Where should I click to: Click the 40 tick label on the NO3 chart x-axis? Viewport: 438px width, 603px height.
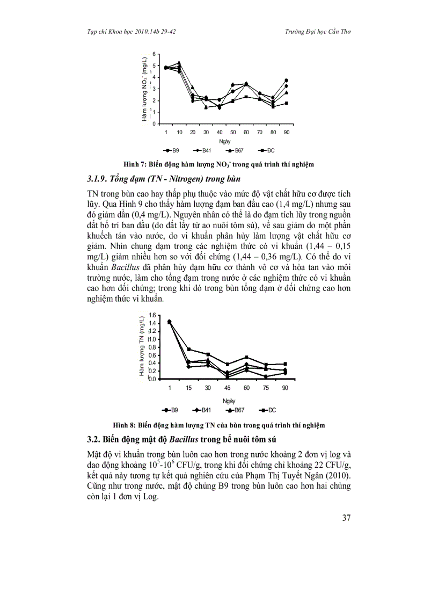pos(220,132)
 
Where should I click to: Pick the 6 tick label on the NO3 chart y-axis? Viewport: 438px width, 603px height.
pos(154,54)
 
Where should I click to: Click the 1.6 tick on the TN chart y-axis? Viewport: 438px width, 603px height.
pos(152,315)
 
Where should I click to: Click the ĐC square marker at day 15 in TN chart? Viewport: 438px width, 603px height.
pos(188,349)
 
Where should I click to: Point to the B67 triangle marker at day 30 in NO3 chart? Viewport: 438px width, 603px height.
pos(206,107)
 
